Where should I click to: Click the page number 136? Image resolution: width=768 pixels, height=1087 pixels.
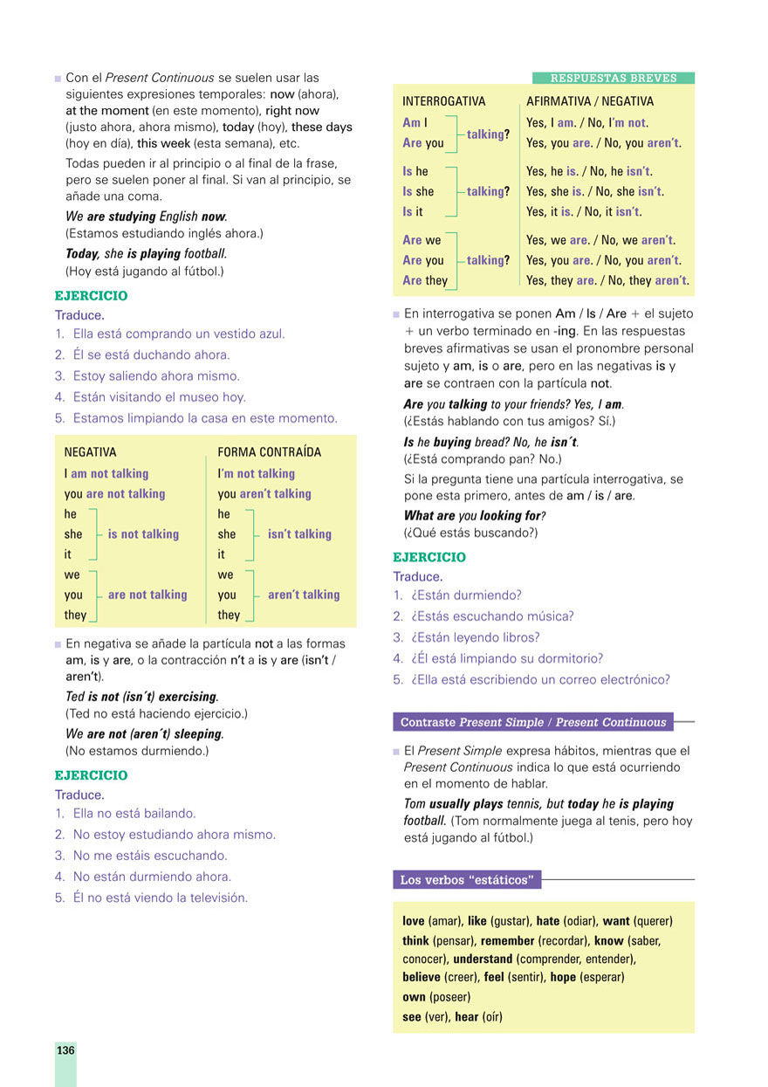pos(65,1050)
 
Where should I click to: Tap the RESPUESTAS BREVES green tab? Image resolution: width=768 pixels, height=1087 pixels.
pos(614,78)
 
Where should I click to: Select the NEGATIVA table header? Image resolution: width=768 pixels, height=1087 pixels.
pos(90,452)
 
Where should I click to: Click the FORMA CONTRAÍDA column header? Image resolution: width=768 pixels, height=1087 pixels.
pos(269,452)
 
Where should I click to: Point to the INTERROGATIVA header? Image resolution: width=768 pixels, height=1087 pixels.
pos(443,101)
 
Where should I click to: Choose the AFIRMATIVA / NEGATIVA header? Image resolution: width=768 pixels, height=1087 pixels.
pos(590,101)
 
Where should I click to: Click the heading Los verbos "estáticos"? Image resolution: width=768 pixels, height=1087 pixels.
pos(466,879)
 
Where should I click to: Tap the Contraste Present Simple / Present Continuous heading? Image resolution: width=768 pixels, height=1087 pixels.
pos(533,722)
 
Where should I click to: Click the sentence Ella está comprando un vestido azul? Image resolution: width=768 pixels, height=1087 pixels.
pos(178,334)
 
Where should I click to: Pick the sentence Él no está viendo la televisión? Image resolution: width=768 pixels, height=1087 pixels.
pos(160,898)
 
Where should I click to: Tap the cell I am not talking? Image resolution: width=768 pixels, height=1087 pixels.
pos(106,473)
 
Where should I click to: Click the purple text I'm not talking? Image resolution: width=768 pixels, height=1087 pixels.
pos(257,473)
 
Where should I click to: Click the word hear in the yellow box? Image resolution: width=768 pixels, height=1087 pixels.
pos(467,1016)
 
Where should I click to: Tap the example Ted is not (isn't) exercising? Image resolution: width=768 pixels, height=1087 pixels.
pos(141,697)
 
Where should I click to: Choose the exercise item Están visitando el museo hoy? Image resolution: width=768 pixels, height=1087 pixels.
pos(159,397)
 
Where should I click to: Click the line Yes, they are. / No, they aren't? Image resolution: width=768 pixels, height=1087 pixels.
pos(607,280)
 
